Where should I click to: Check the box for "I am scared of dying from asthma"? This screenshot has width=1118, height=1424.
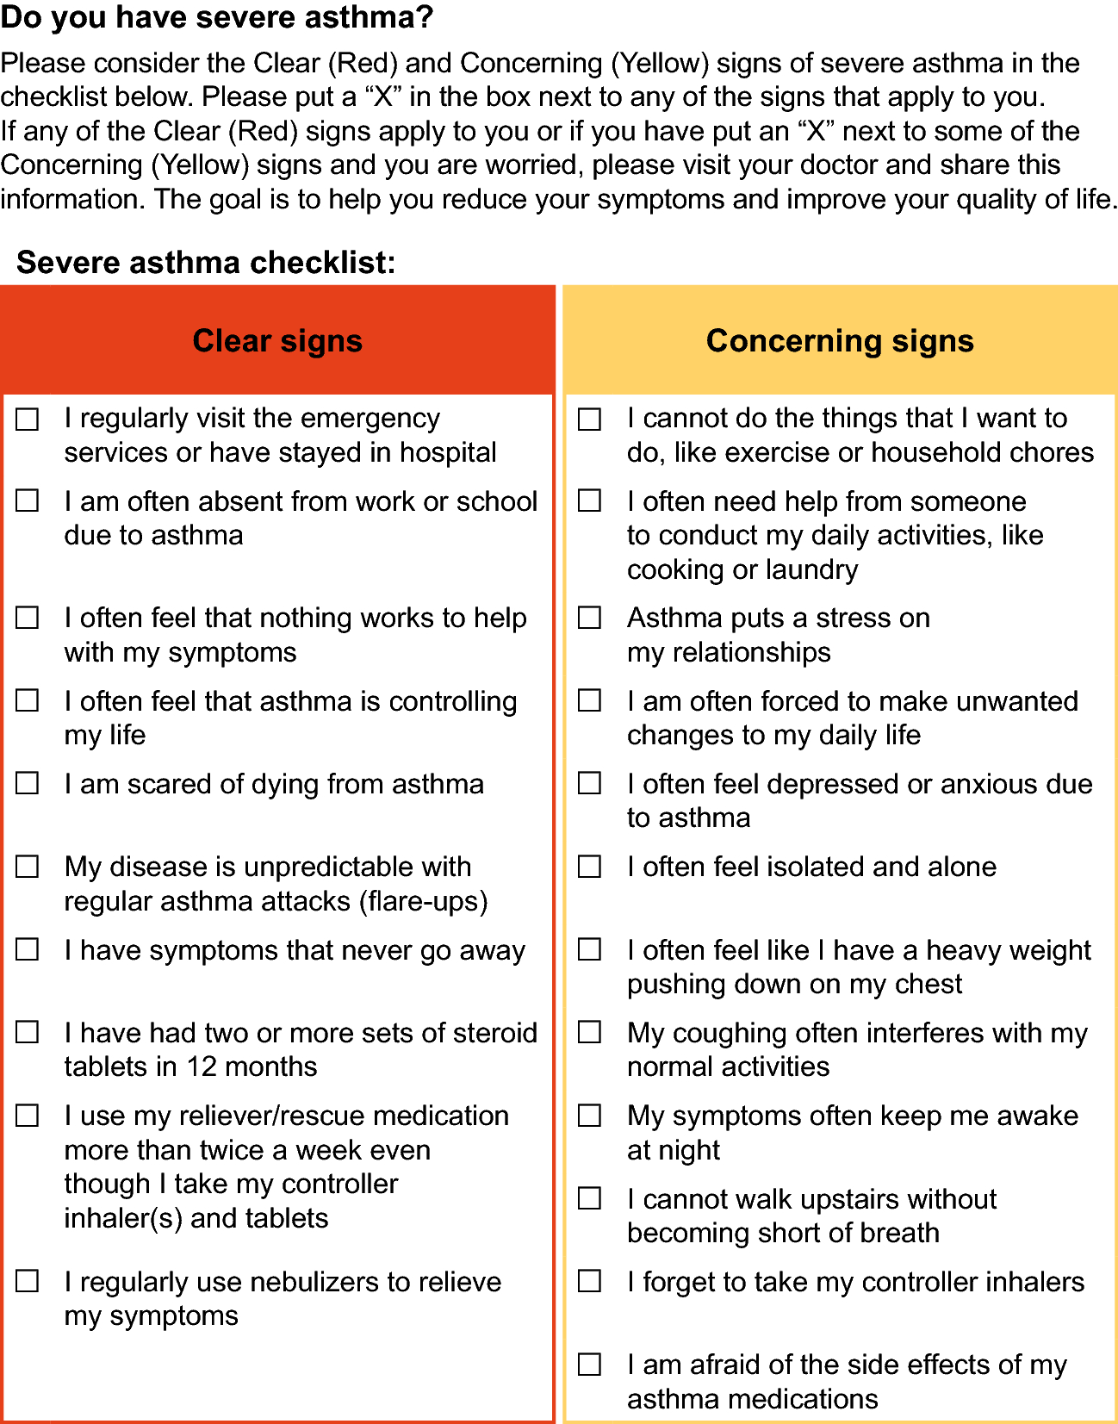(28, 783)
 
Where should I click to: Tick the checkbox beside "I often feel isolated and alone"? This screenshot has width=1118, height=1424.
(590, 866)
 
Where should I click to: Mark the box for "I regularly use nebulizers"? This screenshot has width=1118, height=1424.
(28, 1281)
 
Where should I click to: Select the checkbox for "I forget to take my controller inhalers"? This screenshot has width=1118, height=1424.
(590, 1281)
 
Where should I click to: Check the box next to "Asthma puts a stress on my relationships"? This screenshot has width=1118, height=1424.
(590, 618)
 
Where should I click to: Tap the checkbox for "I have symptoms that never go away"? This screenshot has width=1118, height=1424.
(28, 949)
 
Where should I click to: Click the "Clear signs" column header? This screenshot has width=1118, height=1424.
(277, 341)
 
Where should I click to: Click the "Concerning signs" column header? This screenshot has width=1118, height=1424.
(840, 341)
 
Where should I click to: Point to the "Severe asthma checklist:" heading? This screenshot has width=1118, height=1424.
(206, 262)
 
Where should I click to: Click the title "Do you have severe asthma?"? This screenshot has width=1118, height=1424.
(216, 16)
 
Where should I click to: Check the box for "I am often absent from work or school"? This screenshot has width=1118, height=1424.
(28, 501)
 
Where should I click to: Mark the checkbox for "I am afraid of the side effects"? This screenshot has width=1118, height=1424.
(590, 1365)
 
